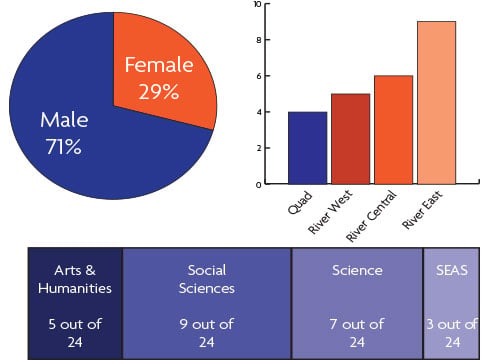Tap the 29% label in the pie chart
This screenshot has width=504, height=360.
[159, 92]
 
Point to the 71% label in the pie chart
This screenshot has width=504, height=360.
[63, 147]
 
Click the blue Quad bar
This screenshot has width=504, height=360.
[307, 148]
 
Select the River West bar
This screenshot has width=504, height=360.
[351, 139]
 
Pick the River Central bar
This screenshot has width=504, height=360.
[394, 130]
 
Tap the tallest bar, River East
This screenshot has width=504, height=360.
[437, 103]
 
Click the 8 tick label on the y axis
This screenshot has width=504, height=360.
[259, 40]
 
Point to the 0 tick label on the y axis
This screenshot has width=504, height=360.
[259, 185]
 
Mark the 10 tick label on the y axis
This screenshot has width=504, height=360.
[257, 4]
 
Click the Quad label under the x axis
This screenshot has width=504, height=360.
[300, 203]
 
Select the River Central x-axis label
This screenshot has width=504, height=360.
[372, 216]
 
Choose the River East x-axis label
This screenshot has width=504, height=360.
[423, 209]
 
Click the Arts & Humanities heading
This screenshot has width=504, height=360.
[75, 279]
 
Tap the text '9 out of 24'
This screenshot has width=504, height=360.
[207, 333]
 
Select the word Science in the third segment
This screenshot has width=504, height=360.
[357, 270]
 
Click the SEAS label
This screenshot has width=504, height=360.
[452, 270]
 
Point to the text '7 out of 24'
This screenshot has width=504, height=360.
[357, 333]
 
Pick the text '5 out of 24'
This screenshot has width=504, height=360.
[75, 333]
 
